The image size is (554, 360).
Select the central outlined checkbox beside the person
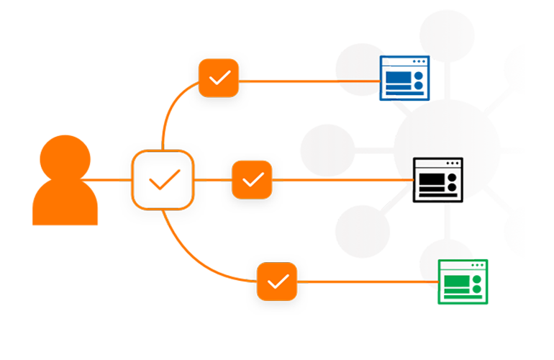click(x=163, y=180)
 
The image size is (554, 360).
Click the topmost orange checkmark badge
click(x=219, y=77)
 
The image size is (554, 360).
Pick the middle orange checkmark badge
click(x=252, y=179)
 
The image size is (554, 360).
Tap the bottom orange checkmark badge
click(x=277, y=281)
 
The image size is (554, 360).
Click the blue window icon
click(x=404, y=77)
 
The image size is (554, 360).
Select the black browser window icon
click(x=437, y=178)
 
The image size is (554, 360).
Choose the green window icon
click(x=461, y=280)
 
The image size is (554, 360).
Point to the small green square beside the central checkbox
click(x=214, y=191)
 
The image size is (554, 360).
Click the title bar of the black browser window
click(x=437, y=163)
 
